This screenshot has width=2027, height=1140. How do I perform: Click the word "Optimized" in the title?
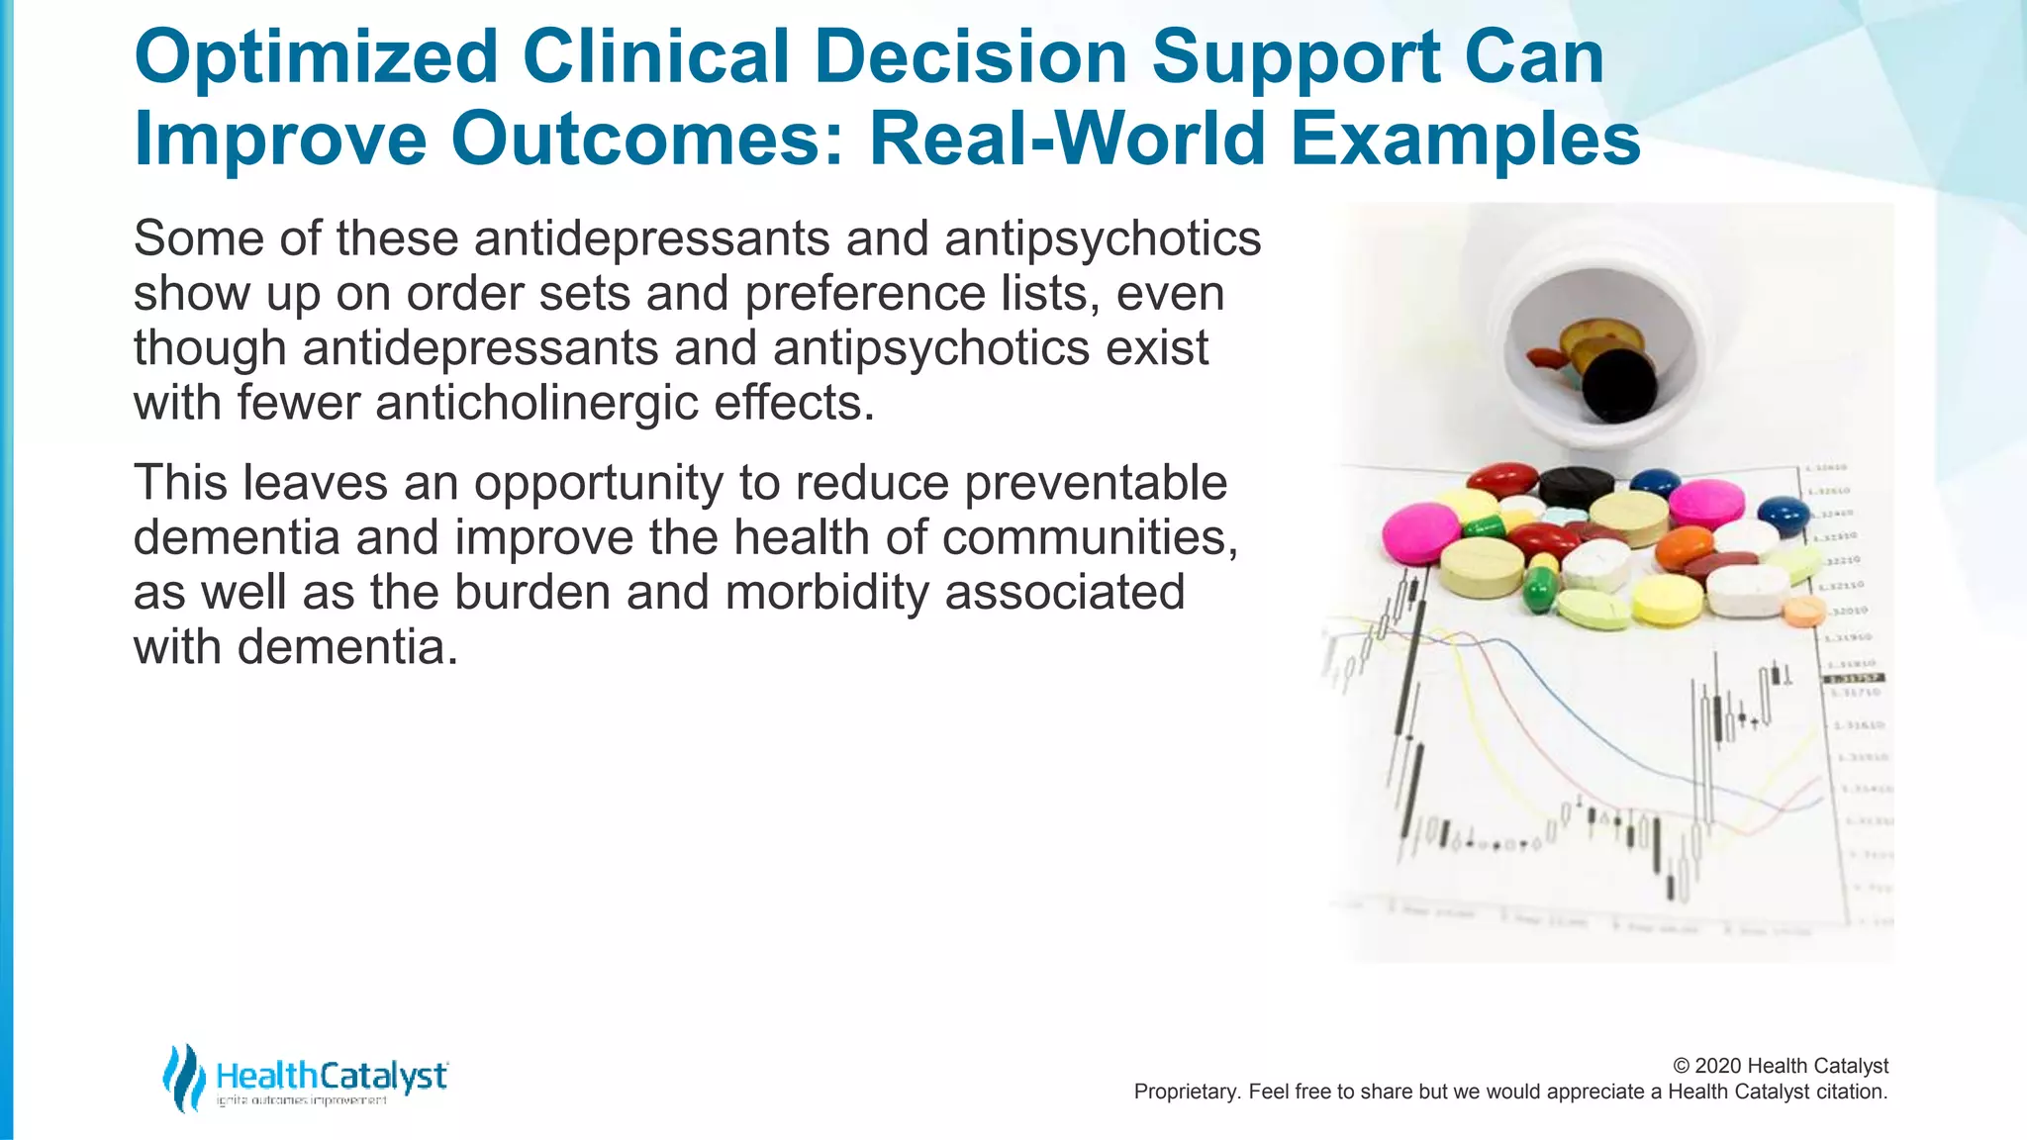(315, 57)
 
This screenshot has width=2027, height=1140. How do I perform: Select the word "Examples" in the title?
(1465, 140)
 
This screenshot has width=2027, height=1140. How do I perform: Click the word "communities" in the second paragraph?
(1088, 537)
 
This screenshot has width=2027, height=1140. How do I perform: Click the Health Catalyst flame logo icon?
(183, 1077)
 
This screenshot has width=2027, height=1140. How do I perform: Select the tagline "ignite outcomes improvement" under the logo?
(302, 1100)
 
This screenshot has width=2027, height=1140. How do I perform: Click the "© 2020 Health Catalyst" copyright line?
(1780, 1066)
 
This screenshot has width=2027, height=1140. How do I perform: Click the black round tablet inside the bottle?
(1619, 386)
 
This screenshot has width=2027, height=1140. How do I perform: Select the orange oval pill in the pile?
(1684, 547)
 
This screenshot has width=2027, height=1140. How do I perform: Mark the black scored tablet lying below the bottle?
(1577, 485)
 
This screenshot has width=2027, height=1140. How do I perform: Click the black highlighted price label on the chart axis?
(1853, 678)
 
